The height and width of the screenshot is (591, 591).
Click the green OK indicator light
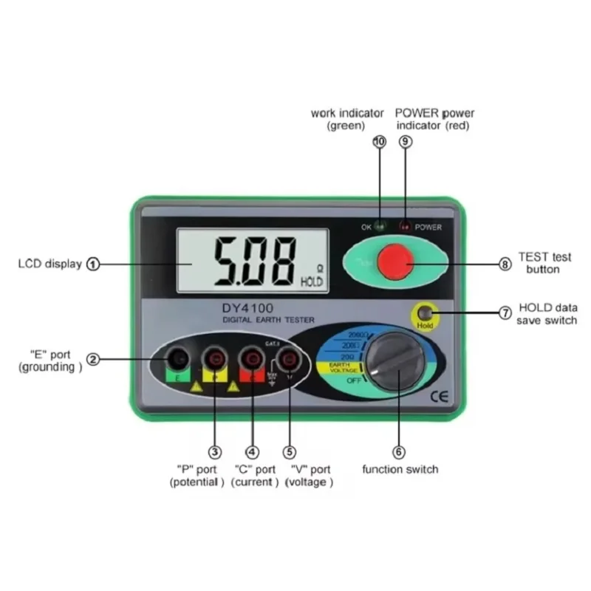pos(379,227)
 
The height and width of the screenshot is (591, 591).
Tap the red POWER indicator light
pos(404,227)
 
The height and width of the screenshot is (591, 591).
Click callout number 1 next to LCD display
pos(93,264)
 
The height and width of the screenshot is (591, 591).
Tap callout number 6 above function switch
pos(398,452)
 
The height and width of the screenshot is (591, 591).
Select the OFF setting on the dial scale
pos(354,380)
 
